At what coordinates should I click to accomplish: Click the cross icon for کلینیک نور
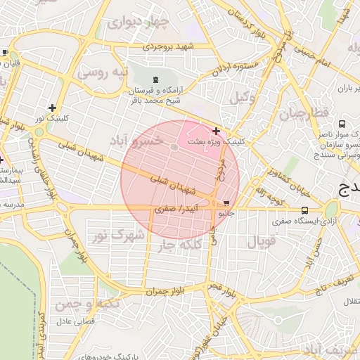coord(52,108)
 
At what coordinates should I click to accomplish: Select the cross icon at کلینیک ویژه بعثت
coord(216,130)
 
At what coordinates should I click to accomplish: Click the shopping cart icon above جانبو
coord(226,203)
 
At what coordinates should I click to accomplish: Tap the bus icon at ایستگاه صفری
coord(304,210)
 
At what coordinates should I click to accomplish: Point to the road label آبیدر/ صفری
coord(176,210)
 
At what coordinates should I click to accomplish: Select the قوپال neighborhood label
coord(261,243)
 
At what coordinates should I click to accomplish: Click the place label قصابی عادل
coord(70,321)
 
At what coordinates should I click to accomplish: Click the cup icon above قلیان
coord(6,53)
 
